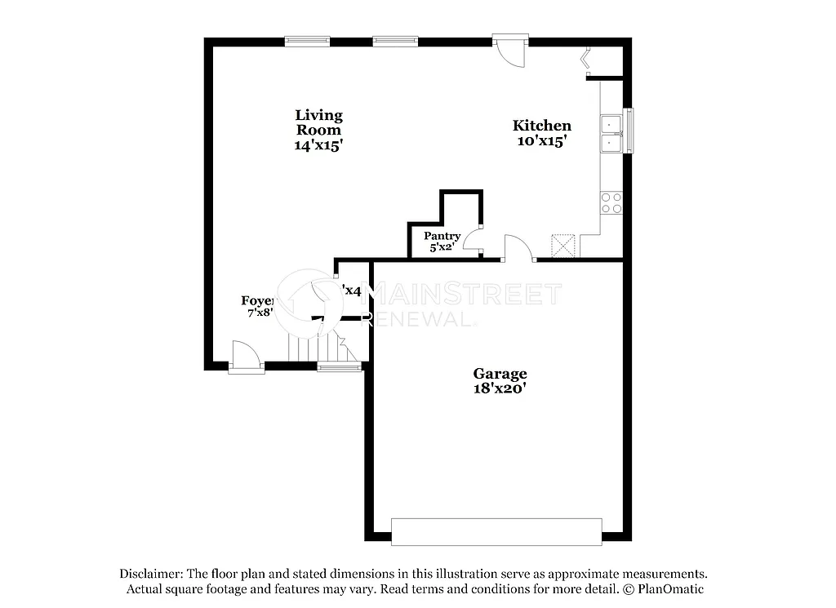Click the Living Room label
pos(318,122)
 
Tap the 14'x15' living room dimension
pos(318,145)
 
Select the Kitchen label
pos(541,126)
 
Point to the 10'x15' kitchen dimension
pos(541,140)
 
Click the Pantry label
pos(442,236)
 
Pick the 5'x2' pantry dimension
pos(442,246)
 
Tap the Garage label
pos(500,374)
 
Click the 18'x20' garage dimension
pos(500,388)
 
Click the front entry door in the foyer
pos(246,356)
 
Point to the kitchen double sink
pos(611,134)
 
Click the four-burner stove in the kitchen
pos(611,202)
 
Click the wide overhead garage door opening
pos(496,531)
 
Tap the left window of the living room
pos(308,40)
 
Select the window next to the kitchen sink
pos(628,132)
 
